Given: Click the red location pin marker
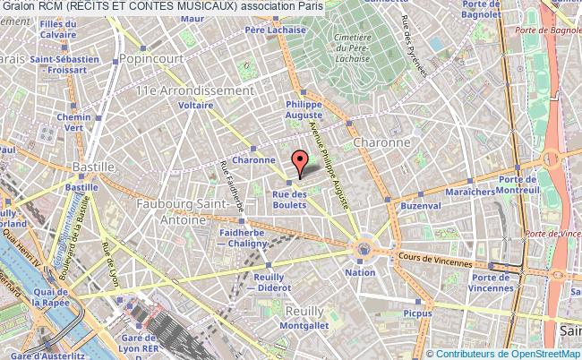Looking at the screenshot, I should (x=301, y=162).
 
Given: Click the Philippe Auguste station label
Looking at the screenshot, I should (x=304, y=109).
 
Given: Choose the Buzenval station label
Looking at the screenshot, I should (x=422, y=206).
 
